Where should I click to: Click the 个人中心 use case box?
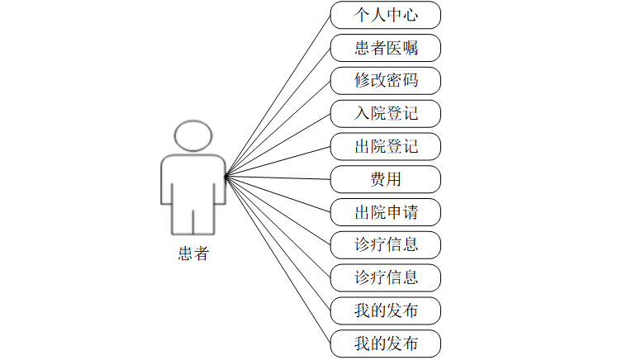(386, 16)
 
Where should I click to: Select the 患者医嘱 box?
(386, 48)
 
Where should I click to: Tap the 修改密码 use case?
(386, 81)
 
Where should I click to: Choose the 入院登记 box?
(386, 113)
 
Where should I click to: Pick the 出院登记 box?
(386, 146)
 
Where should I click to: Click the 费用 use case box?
(386, 179)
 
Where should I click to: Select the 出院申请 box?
(386, 212)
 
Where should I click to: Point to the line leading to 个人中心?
(278, 96)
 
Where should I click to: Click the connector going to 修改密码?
(278, 128)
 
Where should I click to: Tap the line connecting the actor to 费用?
(278, 178)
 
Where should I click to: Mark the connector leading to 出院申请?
(278, 193)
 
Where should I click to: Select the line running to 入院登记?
(278, 144)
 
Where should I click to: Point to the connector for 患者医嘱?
(278, 112)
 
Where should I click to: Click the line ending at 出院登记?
(278, 161)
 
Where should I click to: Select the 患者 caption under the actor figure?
(192, 253)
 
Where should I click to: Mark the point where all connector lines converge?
(226, 176)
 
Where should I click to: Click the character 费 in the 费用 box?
(377, 179)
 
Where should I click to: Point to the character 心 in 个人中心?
(409, 16)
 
